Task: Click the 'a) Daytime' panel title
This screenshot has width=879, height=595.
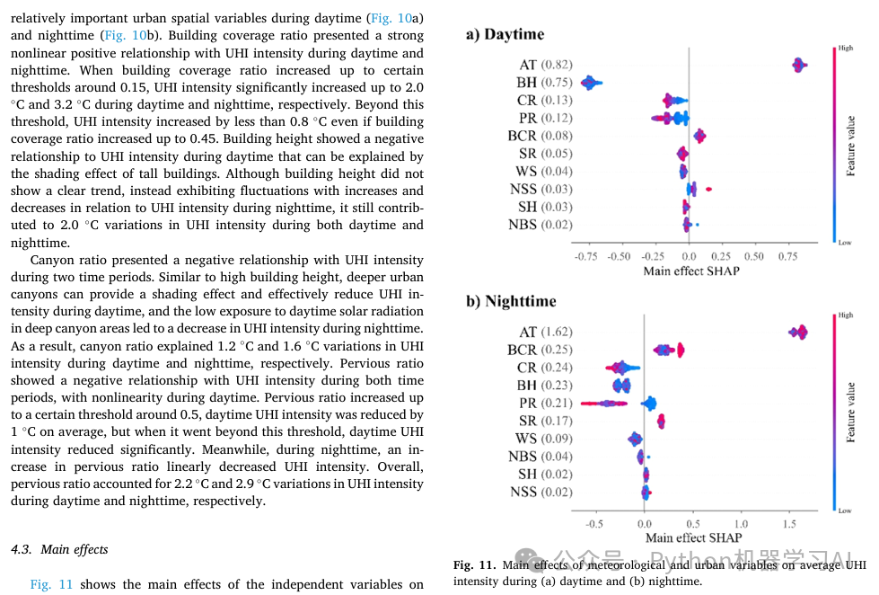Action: tap(505, 34)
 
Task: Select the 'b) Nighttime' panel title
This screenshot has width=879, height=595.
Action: tap(511, 301)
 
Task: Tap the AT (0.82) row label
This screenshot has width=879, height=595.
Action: tap(545, 65)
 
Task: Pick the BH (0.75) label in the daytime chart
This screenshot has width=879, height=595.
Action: tap(544, 83)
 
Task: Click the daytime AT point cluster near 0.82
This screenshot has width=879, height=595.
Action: tap(798, 65)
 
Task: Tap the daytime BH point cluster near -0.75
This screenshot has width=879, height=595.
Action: tap(591, 83)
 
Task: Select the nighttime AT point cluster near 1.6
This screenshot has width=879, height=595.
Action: tap(798, 332)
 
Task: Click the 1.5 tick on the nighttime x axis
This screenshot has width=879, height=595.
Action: tap(789, 523)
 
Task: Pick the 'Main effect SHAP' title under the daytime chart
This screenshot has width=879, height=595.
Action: tap(691, 270)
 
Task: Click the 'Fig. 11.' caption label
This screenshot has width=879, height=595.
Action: tap(474, 565)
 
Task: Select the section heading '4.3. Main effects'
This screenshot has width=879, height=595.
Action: tap(59, 549)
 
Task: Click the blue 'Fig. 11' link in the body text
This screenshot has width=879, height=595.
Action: tap(52, 584)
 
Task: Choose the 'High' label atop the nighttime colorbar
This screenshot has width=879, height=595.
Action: tap(845, 315)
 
